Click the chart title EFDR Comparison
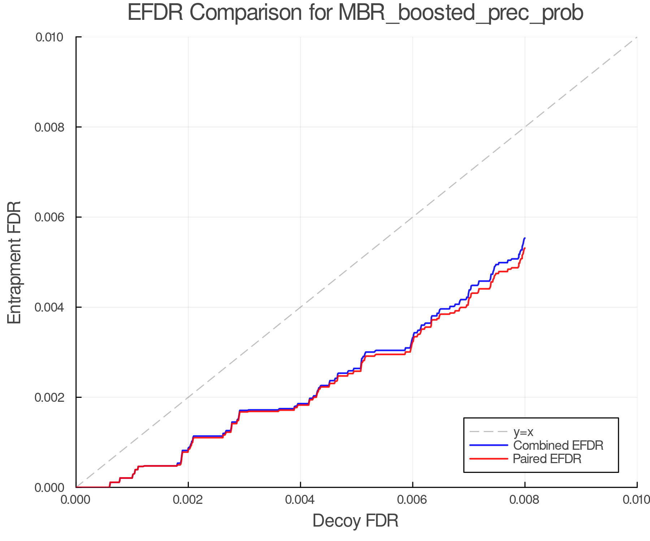pyautogui.click(x=355, y=13)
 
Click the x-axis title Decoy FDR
pyautogui.click(x=355, y=520)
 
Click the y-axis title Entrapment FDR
pyautogui.click(x=14, y=262)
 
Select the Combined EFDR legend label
pyautogui.click(x=558, y=445)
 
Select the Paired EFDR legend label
pyautogui.click(x=547, y=459)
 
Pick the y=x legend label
pyautogui.click(x=523, y=432)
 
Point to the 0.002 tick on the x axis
pyautogui.click(x=188, y=500)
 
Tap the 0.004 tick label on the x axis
pyautogui.click(x=300, y=500)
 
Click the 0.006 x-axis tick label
pyautogui.click(x=412, y=500)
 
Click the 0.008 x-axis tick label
pyautogui.click(x=525, y=500)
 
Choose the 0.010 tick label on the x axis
pyautogui.click(x=636, y=500)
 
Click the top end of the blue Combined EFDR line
pyautogui.click(x=525, y=238)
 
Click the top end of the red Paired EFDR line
pyautogui.click(x=525, y=248)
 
